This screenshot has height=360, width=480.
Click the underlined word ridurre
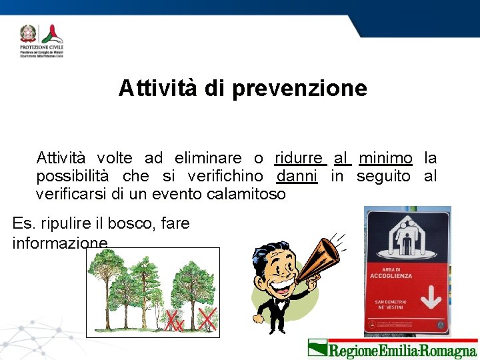(299, 159)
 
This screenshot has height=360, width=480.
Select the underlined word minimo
(385, 159)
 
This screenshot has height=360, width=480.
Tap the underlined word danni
(297, 177)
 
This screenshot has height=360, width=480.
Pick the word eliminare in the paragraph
(207, 159)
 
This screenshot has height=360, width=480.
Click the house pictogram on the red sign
(407, 235)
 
